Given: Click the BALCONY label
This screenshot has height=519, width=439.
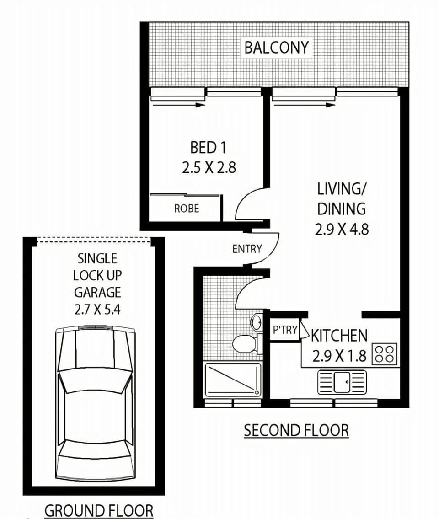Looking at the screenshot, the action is [x=277, y=48].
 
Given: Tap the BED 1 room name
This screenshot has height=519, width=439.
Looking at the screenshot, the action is [x=208, y=147].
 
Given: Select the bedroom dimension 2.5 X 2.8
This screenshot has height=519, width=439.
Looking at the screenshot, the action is [x=209, y=167].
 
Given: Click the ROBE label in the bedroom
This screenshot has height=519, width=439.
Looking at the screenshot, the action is [x=187, y=209].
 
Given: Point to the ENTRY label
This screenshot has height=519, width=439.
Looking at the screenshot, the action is [x=247, y=249].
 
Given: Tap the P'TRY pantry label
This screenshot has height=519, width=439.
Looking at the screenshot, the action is [x=285, y=330].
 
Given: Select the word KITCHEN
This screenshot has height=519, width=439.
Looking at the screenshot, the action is [x=339, y=336].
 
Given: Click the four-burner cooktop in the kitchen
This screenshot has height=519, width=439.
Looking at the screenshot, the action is [x=385, y=354].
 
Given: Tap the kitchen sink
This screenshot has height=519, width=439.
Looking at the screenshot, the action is [x=342, y=382].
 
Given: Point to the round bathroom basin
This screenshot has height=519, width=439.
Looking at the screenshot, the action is [x=256, y=321].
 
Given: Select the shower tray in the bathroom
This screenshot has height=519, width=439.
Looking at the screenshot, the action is [x=233, y=380].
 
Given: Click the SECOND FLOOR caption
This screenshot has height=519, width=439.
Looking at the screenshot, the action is [x=296, y=431].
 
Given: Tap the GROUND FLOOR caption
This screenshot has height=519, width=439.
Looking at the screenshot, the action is [x=99, y=511].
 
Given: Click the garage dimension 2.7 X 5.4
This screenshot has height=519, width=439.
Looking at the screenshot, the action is [x=97, y=310].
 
